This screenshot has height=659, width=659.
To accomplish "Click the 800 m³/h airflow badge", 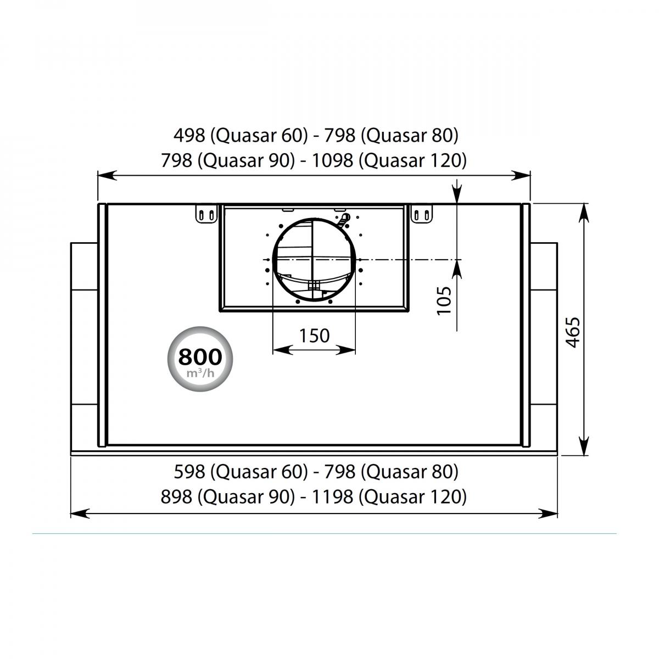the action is (x=200, y=359).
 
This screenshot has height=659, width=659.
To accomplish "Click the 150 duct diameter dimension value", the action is (x=314, y=336).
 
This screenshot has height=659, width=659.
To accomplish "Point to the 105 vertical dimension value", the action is (x=444, y=300).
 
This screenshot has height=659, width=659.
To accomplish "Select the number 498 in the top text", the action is (x=189, y=136).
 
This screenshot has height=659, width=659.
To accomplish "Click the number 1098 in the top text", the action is (x=332, y=160).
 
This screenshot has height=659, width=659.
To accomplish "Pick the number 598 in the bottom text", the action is (x=189, y=472).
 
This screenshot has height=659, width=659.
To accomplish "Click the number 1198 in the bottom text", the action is (x=332, y=496).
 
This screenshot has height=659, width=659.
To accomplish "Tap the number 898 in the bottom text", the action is (x=176, y=496).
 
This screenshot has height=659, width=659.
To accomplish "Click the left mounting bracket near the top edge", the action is (x=206, y=214).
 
